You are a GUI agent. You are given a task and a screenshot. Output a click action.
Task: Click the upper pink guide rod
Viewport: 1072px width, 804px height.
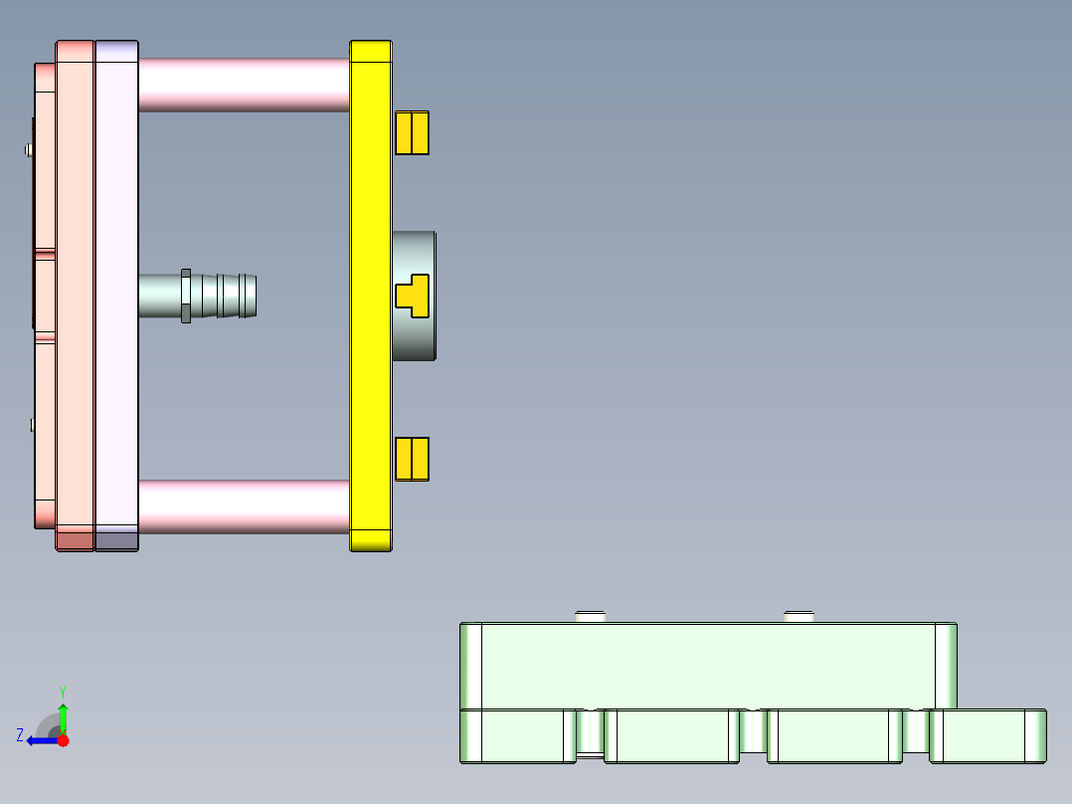pos(244,85)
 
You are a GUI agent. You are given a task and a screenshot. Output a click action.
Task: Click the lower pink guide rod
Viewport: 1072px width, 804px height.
pos(244,505)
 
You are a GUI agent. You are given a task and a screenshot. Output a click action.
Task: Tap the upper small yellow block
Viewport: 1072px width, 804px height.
pos(412,132)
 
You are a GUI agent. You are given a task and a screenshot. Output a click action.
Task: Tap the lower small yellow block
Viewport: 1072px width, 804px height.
pos(412,459)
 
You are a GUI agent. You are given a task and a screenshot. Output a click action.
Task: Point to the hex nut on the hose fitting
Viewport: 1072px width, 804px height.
pos(186,296)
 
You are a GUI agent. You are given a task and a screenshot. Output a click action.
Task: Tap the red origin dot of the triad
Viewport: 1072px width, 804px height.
pos(63,740)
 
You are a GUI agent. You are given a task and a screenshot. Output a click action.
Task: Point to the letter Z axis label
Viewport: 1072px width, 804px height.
pos(20,735)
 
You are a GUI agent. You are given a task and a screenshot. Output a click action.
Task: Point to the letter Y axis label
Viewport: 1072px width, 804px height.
pos(62,691)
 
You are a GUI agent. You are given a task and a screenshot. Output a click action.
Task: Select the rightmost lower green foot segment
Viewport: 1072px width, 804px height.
pos(987,736)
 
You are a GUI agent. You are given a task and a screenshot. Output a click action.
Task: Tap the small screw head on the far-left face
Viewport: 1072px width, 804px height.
pos(28,150)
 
